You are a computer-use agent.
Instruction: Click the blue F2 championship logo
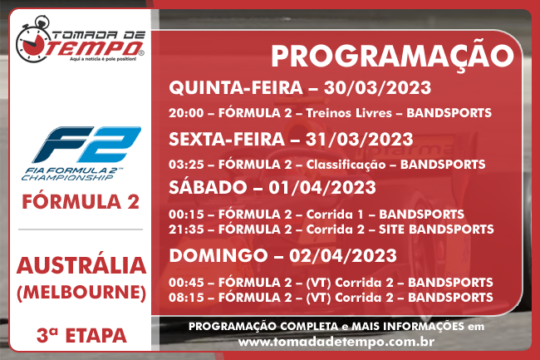[81, 153]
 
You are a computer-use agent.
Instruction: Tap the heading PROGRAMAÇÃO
[392, 57]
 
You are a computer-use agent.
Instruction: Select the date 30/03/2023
[377, 88]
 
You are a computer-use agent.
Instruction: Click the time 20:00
[186, 113]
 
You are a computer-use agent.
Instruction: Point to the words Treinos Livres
[349, 113]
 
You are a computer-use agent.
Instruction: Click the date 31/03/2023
[359, 140]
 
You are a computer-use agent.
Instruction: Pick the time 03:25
[186, 165]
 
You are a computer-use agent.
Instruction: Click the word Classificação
[346, 165]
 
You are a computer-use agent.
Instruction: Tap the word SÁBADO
[208, 188]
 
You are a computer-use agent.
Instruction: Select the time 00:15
[186, 215]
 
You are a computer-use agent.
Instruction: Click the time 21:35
[186, 229]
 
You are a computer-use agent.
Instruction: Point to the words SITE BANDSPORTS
[436, 229]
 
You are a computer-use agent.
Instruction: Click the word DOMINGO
[218, 256]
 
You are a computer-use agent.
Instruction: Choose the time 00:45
[186, 283]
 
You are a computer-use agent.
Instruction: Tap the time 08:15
[186, 298]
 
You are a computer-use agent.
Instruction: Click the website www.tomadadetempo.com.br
[336, 342]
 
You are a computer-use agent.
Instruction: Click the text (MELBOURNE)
[81, 293]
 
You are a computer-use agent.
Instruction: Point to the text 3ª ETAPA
[81, 336]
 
